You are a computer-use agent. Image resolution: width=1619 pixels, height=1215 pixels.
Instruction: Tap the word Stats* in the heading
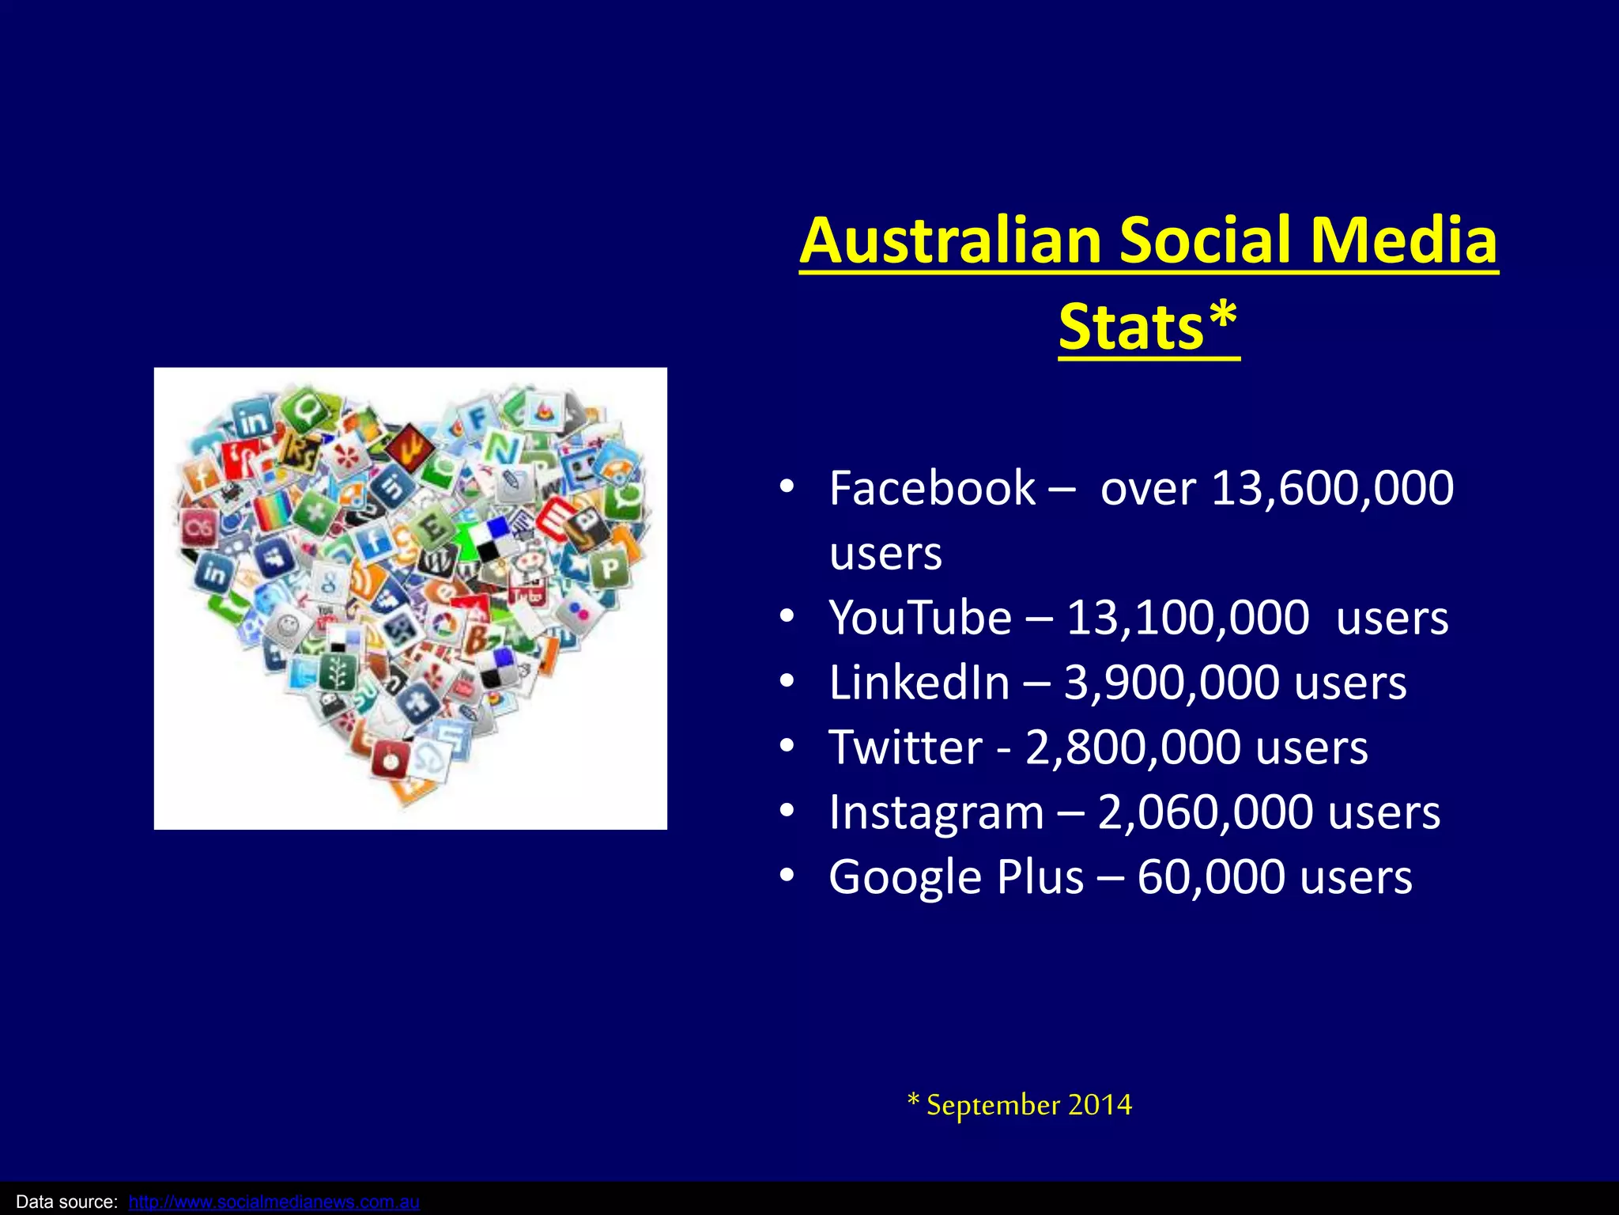(1148, 327)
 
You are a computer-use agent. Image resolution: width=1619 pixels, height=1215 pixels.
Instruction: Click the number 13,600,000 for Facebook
(1332, 488)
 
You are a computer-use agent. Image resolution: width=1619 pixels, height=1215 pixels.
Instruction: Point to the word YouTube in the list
(920, 618)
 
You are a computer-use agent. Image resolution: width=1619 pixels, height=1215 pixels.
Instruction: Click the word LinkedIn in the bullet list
(919, 683)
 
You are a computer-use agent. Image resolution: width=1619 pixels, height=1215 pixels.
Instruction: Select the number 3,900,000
(1171, 683)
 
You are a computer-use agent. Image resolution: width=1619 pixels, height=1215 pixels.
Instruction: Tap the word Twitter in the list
(905, 748)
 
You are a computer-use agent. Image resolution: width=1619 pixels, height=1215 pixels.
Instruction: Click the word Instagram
(936, 812)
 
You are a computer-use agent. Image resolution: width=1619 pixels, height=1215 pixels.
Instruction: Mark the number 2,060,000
(1205, 812)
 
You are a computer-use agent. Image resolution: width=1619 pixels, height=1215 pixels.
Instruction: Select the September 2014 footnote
(1020, 1105)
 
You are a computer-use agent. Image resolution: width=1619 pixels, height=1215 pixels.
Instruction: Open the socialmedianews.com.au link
(274, 1202)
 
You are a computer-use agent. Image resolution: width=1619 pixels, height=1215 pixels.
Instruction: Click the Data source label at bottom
(66, 1202)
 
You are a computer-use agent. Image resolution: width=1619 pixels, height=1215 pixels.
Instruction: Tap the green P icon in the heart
(609, 567)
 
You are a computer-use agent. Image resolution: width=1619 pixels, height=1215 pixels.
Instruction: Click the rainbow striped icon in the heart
(273, 510)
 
